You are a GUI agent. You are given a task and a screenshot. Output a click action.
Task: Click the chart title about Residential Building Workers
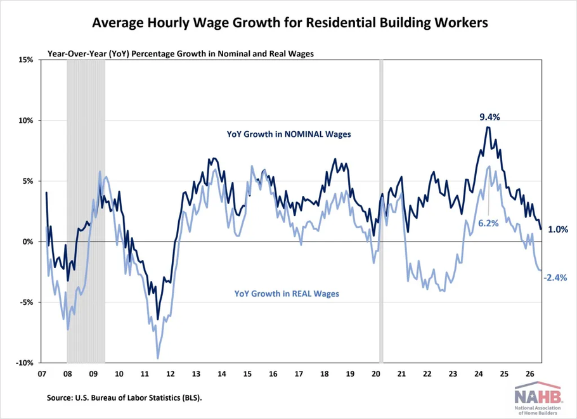coord(290,23)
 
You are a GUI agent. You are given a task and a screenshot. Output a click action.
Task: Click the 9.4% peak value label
coord(489,117)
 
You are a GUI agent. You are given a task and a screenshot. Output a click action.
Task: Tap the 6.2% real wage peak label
coord(488,223)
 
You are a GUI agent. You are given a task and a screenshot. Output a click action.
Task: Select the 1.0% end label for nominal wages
coord(558,229)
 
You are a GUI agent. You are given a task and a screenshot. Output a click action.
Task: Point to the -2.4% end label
coord(555,278)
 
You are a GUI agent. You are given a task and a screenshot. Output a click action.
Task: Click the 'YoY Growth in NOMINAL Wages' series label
coord(289,134)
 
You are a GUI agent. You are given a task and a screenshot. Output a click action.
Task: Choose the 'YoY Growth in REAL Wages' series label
coord(287,293)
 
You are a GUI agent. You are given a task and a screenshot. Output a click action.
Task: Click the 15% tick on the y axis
coord(26,60)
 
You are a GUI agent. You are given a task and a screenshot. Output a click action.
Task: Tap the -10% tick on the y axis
coord(24,363)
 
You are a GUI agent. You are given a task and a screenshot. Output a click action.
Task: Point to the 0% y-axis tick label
coord(28,242)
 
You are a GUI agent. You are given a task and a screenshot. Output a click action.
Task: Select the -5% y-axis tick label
coord(27,302)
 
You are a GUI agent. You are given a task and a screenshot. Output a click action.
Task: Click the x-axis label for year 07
coord(42,374)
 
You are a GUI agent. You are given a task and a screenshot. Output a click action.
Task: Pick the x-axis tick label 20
coord(376,374)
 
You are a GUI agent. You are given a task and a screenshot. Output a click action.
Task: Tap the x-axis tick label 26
coord(530,374)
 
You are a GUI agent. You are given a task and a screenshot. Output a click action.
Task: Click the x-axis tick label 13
coord(196,374)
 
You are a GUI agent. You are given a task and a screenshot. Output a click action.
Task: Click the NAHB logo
coord(538,398)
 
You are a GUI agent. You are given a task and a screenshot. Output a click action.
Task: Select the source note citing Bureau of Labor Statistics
coord(124,397)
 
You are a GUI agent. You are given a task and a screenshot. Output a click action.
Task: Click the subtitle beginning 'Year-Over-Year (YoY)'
coord(181,54)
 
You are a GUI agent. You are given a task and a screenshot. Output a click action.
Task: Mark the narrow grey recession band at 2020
coord(381,211)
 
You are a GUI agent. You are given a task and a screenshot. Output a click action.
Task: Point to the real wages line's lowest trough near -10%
coord(158,358)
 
